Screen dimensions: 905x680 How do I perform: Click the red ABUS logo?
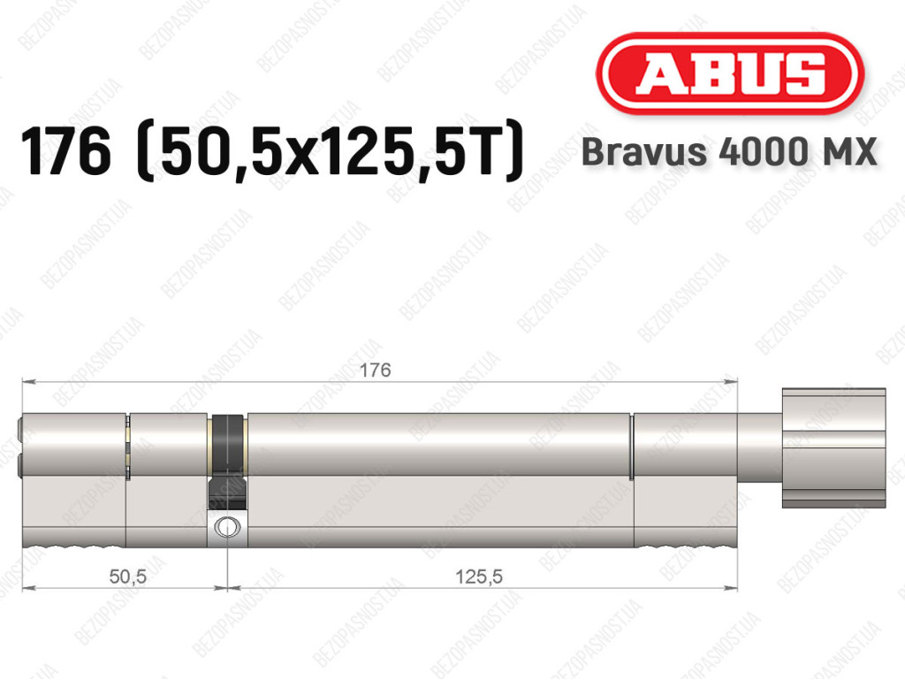pos(729,73)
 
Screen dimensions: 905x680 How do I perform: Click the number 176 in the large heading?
pos(65,151)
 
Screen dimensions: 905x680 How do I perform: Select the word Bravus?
pos(643,152)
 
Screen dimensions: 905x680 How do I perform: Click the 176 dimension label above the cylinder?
pos(375,370)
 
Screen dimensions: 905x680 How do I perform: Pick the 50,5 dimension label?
pos(127,576)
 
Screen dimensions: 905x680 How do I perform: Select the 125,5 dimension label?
pos(479,576)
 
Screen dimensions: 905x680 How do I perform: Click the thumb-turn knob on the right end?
pos(833,448)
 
